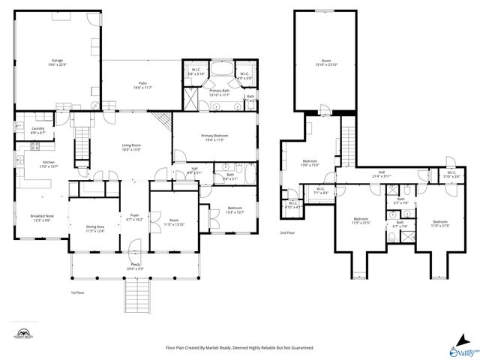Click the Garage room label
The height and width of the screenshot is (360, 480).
57,61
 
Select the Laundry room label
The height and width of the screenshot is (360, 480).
37,130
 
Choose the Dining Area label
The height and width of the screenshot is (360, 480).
94,229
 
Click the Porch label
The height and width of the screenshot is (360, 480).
136,266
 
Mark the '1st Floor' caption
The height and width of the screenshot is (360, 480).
78,292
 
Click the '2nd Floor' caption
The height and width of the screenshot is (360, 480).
287,233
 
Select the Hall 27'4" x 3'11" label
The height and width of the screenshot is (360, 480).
382,175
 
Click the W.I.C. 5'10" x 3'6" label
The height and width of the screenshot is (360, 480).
451,175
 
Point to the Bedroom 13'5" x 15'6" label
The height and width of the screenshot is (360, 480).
310,163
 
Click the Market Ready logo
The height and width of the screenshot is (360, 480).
23,334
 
